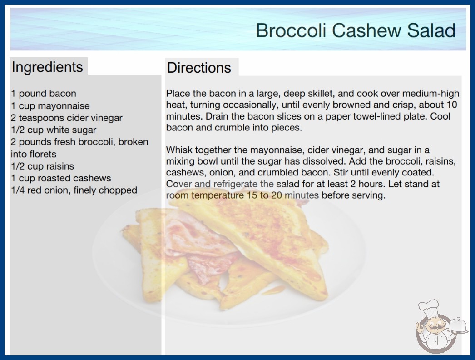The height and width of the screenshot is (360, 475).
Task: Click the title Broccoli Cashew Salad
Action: point(356,30)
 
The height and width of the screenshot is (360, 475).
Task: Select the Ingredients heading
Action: point(47,67)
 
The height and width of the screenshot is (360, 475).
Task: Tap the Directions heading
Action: point(199,68)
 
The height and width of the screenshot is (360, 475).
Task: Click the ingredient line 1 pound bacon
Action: point(44,94)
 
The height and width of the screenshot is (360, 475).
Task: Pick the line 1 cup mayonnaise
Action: point(50,106)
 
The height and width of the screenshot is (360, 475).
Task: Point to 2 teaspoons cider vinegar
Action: point(67,118)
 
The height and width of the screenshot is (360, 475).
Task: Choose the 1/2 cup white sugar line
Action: point(54,130)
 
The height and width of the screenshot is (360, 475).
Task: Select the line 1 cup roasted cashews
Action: point(61,178)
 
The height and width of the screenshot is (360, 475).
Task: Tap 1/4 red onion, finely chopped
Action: point(74,190)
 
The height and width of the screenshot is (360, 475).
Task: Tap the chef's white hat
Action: point(429,308)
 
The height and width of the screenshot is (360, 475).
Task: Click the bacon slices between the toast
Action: point(200,243)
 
